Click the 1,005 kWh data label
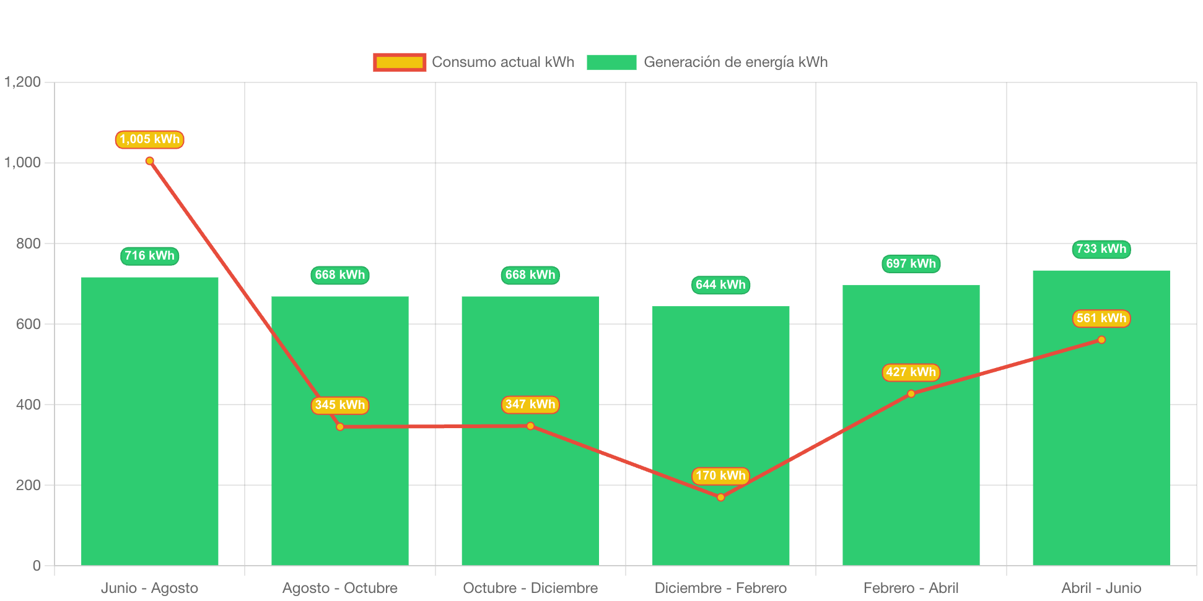(149, 139)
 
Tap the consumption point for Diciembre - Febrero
(720, 498)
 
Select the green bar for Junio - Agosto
(149, 421)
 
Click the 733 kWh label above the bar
(1101, 249)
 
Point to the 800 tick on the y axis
(28, 243)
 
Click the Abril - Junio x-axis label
(1101, 588)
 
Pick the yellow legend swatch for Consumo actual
(400, 62)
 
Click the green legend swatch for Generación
(611, 62)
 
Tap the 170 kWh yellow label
(720, 476)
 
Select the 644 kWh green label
(720, 285)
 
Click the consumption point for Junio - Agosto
(149, 161)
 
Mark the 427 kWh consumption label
(911, 372)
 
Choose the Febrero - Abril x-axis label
(911, 588)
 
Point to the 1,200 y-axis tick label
(23, 82)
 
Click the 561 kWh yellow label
(1101, 318)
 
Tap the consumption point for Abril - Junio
(1101, 340)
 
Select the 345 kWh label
(339, 405)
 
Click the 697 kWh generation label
(911, 264)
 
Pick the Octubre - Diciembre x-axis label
(530, 588)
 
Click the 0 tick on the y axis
(37, 566)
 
